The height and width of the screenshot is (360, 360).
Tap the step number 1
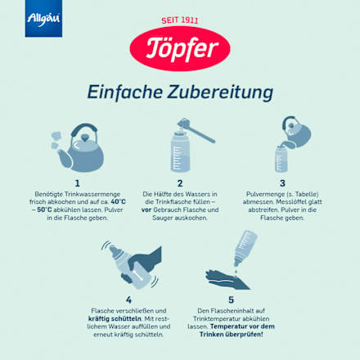[x=77, y=184]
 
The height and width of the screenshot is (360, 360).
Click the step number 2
[x=179, y=184]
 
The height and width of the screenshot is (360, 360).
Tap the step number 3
[x=282, y=184]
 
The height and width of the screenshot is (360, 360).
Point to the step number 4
[x=128, y=299]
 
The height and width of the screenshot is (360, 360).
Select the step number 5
[x=232, y=299]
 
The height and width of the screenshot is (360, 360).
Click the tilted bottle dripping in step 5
[x=242, y=250]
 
